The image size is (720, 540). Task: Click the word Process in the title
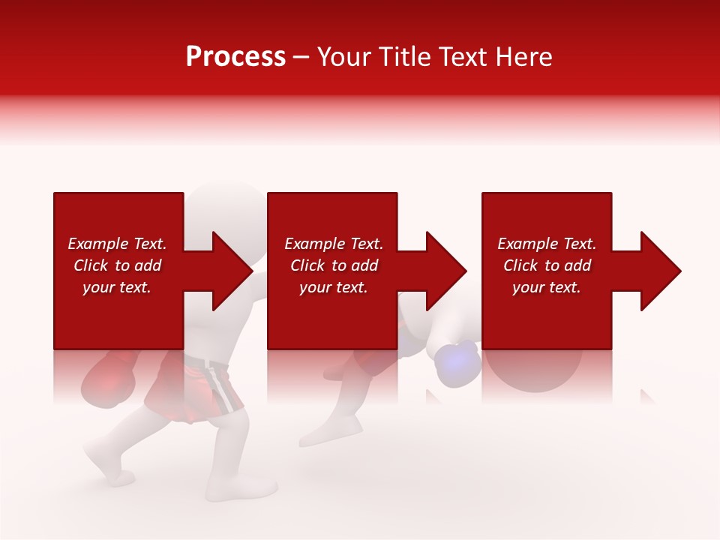pyautogui.click(x=235, y=57)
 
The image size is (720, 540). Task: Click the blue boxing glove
pyautogui.click(x=457, y=364)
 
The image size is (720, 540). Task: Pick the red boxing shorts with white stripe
pyautogui.click(x=195, y=386)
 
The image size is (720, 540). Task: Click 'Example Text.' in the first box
pyautogui.click(x=117, y=244)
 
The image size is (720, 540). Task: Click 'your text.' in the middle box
pyautogui.click(x=333, y=287)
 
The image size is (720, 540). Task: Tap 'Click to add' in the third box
pyautogui.click(x=547, y=265)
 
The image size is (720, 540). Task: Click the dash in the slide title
pyautogui.click(x=301, y=58)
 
